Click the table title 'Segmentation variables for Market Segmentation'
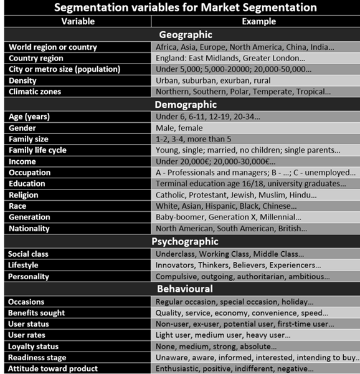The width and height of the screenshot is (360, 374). pyautogui.click(x=181, y=7)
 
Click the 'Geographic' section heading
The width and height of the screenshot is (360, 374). pyautogui.click(x=186, y=34)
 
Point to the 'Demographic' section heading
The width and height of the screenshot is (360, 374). pyautogui.click(x=186, y=104)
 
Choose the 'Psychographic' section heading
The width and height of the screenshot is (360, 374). pyautogui.click(x=186, y=241)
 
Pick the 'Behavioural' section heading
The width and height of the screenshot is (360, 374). pyautogui.click(x=186, y=289)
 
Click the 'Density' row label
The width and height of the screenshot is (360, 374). pyautogui.click(x=23, y=80)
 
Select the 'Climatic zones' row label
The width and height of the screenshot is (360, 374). pyautogui.click(x=36, y=92)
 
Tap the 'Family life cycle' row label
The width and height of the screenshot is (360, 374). pyautogui.click(x=37, y=150)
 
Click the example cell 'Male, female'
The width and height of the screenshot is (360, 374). pyautogui.click(x=185, y=128)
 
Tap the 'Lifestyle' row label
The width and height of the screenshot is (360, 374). pyautogui.click(x=24, y=265)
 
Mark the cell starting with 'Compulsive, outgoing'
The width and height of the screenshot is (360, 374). pyautogui.click(x=243, y=276)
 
